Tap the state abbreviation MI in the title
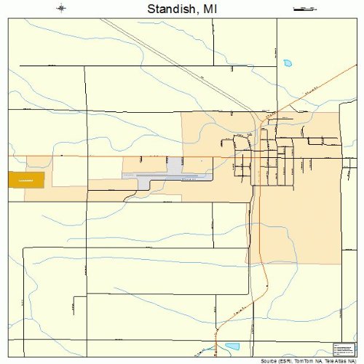point(209,9)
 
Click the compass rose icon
point(62,9)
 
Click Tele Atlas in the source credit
point(335,360)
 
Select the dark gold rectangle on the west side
point(26,179)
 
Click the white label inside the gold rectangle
point(26,180)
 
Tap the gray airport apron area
point(175,167)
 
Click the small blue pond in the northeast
point(287,63)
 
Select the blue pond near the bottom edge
point(232,347)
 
